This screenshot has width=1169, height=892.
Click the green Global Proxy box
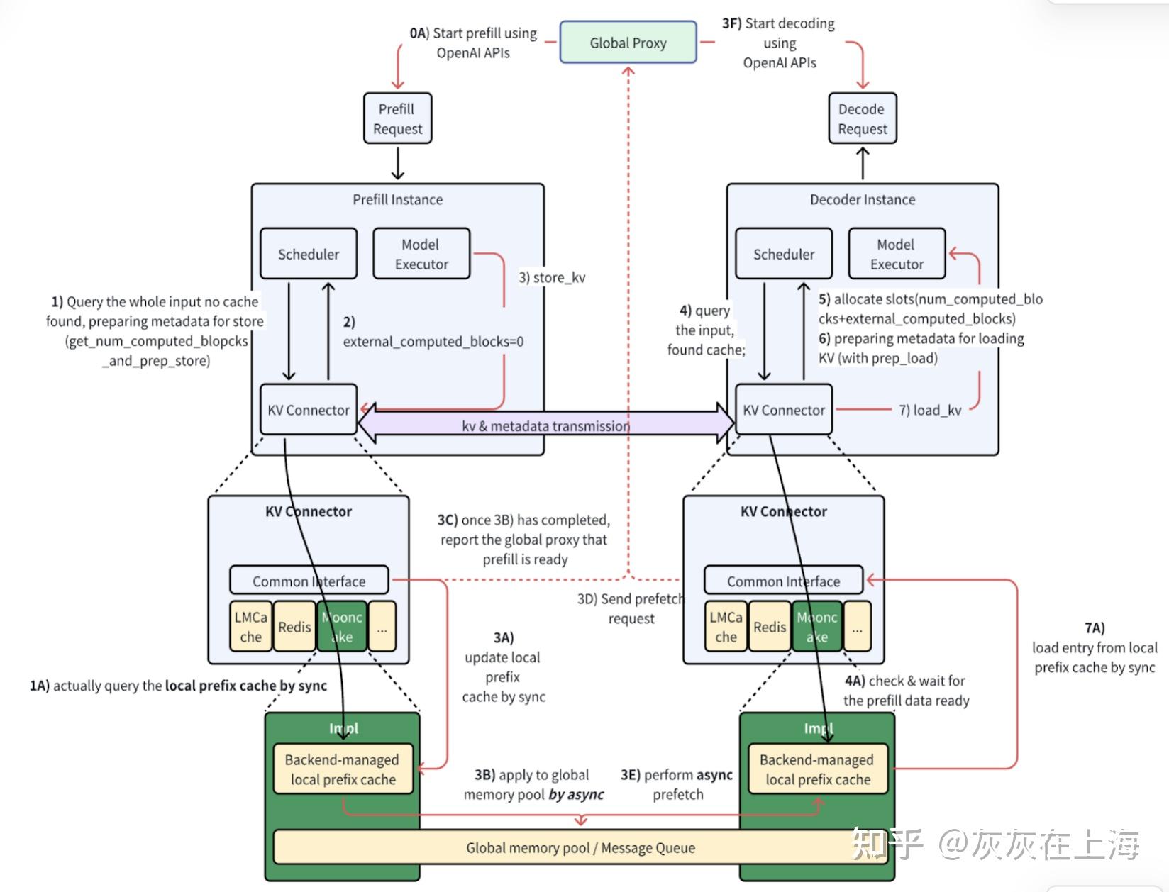click(628, 43)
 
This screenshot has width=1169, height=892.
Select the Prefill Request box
click(397, 118)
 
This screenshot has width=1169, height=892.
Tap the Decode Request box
click(862, 118)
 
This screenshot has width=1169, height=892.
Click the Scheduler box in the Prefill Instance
click(308, 254)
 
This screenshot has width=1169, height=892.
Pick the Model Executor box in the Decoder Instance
click(897, 254)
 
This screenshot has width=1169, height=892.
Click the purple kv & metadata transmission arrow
click(545, 425)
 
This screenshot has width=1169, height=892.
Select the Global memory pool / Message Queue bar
click(580, 847)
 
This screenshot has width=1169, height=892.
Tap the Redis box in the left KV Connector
click(294, 627)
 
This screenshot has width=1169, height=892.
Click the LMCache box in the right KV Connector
click(726, 627)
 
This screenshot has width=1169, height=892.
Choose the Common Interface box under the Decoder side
click(783, 581)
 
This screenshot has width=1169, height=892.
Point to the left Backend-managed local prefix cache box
click(343, 769)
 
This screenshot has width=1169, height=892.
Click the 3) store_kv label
click(552, 277)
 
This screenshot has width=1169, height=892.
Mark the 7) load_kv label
click(930, 410)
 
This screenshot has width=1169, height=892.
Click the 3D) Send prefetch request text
click(631, 608)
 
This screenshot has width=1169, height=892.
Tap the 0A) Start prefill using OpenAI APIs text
click(473, 43)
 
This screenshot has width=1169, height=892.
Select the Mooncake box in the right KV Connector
click(816, 627)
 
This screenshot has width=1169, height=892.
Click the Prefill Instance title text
click(397, 199)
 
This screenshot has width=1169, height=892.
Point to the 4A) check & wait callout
click(906, 691)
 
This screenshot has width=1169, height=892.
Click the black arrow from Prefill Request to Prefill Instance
click(398, 163)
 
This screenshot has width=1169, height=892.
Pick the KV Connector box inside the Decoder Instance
click(783, 410)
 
